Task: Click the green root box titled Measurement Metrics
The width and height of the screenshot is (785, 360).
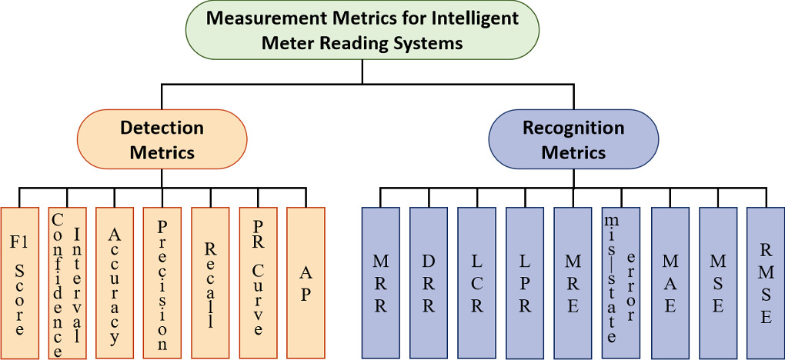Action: (362, 30)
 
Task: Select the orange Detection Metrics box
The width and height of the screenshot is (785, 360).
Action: (162, 140)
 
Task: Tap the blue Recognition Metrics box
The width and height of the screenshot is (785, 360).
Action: (573, 140)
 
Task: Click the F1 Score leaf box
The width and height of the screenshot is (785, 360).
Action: (19, 282)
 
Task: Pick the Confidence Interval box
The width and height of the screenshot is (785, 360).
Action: (67, 282)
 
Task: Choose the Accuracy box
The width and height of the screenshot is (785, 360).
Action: (115, 282)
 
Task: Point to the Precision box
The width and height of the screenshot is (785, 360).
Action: (162, 282)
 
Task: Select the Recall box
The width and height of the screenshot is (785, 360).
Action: (210, 282)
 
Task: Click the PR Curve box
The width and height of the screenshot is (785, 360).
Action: (258, 282)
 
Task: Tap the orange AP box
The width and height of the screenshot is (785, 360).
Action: (306, 282)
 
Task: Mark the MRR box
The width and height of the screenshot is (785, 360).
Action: (381, 282)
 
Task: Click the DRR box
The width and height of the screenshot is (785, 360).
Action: (429, 282)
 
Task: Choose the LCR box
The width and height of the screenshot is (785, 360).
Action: (476, 282)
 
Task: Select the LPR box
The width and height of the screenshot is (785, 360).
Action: (525, 282)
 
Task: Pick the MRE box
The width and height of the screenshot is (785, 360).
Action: (573, 282)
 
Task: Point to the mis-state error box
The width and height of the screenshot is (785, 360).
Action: (620, 282)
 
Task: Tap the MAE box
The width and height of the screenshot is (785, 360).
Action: (670, 282)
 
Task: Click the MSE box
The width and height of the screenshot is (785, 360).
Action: (717, 282)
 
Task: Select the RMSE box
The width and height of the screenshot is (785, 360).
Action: (765, 282)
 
